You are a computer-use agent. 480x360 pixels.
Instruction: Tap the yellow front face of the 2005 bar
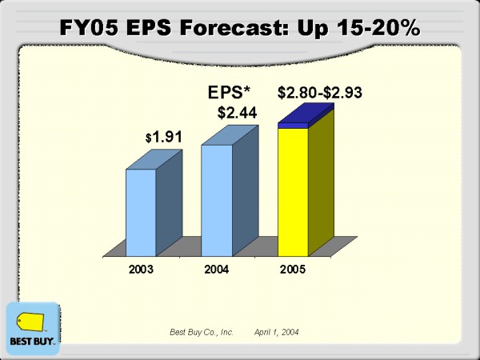pyautogui.click(x=292, y=192)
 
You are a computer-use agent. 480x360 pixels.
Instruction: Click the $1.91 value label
pyautogui.click(x=165, y=137)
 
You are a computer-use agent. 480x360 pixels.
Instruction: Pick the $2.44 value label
pyautogui.click(x=237, y=113)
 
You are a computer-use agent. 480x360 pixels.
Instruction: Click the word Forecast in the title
pyautogui.click(x=250, y=28)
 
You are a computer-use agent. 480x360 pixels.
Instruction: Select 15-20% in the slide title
pyautogui.click(x=375, y=28)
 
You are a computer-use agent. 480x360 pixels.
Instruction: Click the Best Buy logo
pyautogui.click(x=32, y=328)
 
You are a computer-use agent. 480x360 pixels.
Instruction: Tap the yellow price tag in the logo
pyautogui.click(x=32, y=322)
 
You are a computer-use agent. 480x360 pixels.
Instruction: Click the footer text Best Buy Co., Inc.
pyautogui.click(x=201, y=331)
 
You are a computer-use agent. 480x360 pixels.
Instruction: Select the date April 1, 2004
pyautogui.click(x=277, y=331)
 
